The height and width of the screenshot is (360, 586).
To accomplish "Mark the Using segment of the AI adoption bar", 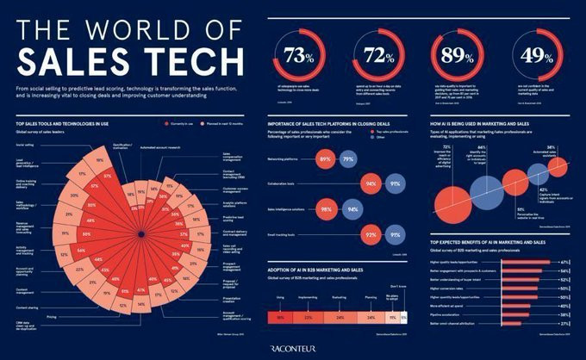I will tap(282, 317).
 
